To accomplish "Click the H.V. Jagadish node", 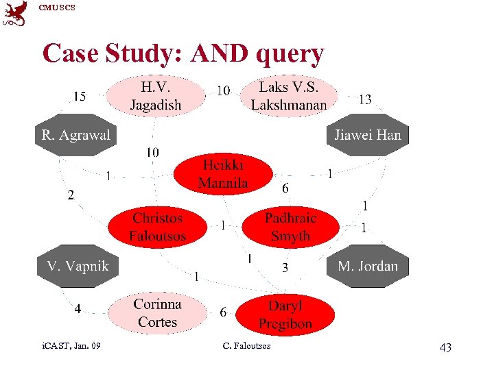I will pos(156,96).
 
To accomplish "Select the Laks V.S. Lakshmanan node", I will pos(289,96).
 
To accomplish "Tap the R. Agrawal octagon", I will pos(75,135).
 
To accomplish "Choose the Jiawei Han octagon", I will pos(368,135).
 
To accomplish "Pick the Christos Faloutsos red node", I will pos(158,227).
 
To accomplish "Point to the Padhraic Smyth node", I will pos(290,227).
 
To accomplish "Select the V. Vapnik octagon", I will pos(78,266).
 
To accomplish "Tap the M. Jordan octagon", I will pos(368,266).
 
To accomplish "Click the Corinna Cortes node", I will pos(158,313).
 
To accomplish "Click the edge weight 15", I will pos(80,97).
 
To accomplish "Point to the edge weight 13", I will pos(366,99).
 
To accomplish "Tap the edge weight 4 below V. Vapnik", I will pos(78,309).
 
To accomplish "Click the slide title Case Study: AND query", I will pos(183,53).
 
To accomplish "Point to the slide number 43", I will pos(445,348).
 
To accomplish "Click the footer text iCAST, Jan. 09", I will pos(71,346).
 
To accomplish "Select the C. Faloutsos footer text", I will pos(247,346).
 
